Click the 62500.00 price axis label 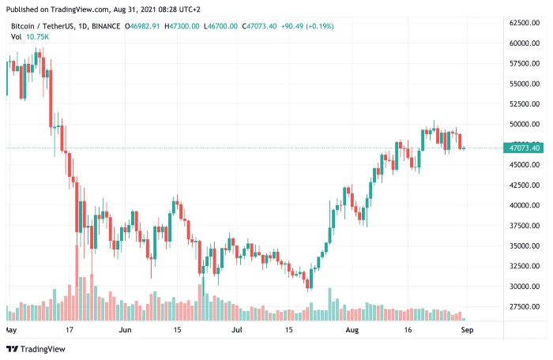click(x=524, y=22)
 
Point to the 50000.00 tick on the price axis click(x=524, y=124)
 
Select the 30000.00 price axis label click(x=524, y=287)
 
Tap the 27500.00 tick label click(x=524, y=306)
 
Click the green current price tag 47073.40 click(x=525, y=148)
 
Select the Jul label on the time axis click(x=238, y=330)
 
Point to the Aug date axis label click(x=352, y=330)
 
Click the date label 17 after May click(x=69, y=330)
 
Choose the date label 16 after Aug click(x=408, y=330)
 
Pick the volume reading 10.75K click(x=37, y=37)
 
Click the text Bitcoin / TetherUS click(x=41, y=26)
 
